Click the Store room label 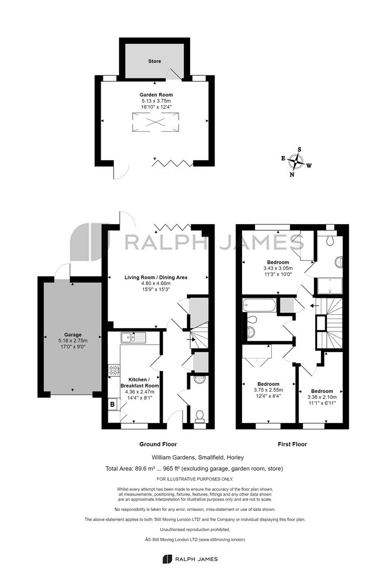(x=154, y=61)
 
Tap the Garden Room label (x=156, y=95)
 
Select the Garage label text (x=73, y=335)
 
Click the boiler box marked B (x=112, y=404)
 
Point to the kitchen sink (x=133, y=337)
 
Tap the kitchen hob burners (x=114, y=370)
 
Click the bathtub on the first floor (x=259, y=305)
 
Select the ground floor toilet (x=200, y=416)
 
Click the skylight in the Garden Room (x=155, y=122)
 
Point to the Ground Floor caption (x=158, y=444)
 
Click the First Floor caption (x=292, y=444)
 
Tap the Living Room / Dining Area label (x=156, y=277)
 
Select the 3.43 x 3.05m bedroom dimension (x=278, y=268)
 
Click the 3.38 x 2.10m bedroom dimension (x=322, y=397)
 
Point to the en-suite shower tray (x=330, y=285)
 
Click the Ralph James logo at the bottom (x=190, y=559)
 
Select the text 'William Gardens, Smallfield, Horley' (x=198, y=457)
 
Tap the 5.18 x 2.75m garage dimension (x=73, y=340)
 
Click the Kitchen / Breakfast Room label (x=140, y=382)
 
